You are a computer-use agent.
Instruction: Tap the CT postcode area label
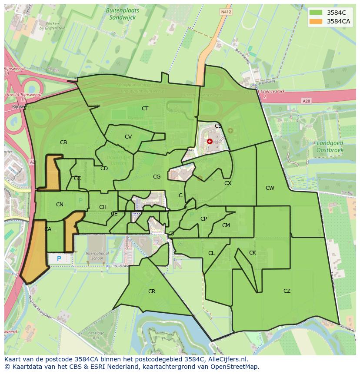pyautogui.click(x=145, y=109)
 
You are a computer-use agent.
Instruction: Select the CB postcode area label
pyautogui.click(x=63, y=142)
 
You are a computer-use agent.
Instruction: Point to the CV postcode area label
pyautogui.click(x=128, y=137)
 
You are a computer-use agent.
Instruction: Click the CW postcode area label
pyautogui.click(x=270, y=188)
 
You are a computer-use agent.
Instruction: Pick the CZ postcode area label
pyautogui.click(x=287, y=291)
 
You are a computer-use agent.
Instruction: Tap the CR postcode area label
pyautogui.click(x=152, y=291)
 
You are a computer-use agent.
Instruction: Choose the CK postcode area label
pyautogui.click(x=253, y=253)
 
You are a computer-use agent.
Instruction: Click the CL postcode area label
pyautogui.click(x=211, y=253)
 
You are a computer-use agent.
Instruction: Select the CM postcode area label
pyautogui.click(x=226, y=225)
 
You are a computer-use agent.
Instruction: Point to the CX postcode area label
pyautogui.click(x=228, y=183)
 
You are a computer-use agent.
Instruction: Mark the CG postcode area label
pyautogui.click(x=157, y=177)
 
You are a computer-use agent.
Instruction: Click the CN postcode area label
pyautogui.click(x=60, y=205)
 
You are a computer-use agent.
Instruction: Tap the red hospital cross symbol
pyautogui.click(x=210, y=141)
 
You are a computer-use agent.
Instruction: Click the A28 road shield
pyautogui.click(x=307, y=101)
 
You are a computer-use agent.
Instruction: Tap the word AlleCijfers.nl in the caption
pyautogui.click(x=227, y=359)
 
